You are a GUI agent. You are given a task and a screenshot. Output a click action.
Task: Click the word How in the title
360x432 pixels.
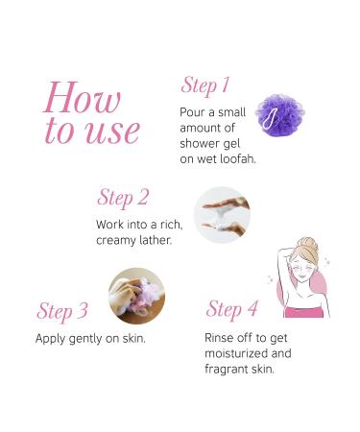click(83, 98)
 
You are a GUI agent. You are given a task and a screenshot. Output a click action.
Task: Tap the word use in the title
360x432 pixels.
click(113, 132)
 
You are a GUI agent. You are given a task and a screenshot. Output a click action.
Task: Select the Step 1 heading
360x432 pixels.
click(205, 86)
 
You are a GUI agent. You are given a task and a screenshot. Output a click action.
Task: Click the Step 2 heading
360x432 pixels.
click(123, 198)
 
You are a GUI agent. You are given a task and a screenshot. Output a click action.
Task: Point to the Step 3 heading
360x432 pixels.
click(62, 311)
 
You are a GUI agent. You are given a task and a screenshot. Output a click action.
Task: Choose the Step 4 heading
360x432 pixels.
click(232, 309)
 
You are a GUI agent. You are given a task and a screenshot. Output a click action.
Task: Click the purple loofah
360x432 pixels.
click(279, 115)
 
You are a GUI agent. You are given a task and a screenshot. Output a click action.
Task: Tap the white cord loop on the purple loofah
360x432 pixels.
click(270, 119)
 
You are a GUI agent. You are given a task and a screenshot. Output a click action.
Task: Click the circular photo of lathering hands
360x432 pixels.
click(222, 215)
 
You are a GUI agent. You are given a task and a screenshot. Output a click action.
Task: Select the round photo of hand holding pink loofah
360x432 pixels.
click(137, 296)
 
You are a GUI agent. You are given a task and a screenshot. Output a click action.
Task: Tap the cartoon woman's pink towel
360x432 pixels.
click(303, 312)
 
